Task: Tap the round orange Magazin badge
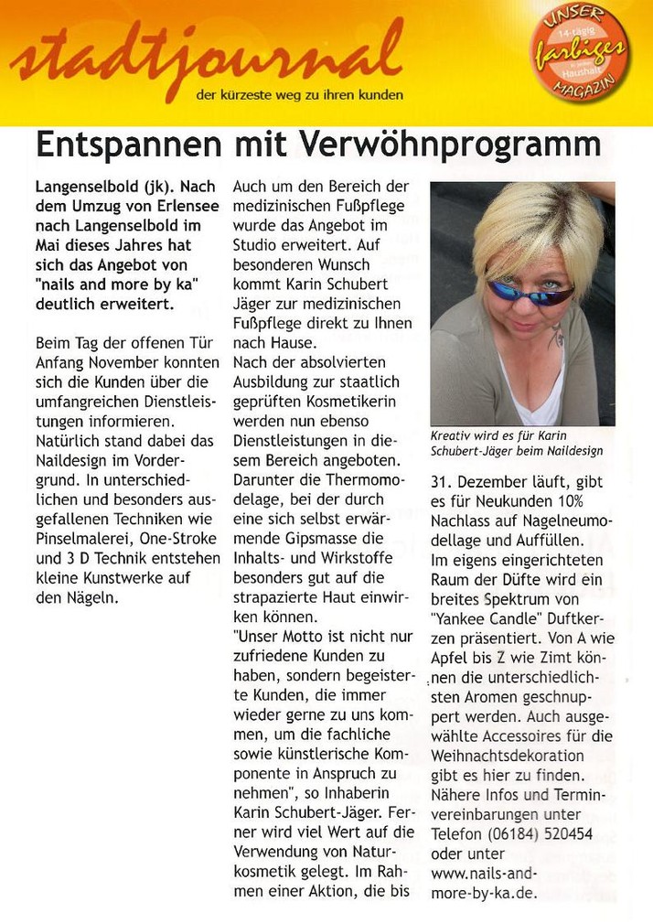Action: pyautogui.click(x=581, y=52)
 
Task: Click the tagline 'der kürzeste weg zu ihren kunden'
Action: pyautogui.click(x=299, y=94)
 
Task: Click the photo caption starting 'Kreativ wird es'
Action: pyautogui.click(x=517, y=444)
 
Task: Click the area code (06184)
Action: pyautogui.click(x=512, y=833)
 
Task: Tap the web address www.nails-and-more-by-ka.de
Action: pyautogui.click(x=485, y=883)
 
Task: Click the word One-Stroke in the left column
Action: pyautogui.click(x=179, y=539)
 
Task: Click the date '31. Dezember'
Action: pyautogui.click(x=477, y=481)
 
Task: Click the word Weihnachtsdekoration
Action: pyautogui.click(x=508, y=756)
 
